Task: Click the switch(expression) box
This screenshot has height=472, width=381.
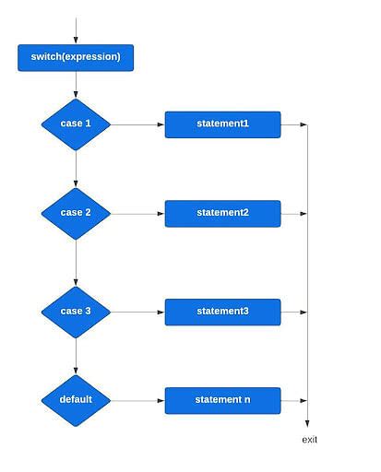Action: [x=76, y=58]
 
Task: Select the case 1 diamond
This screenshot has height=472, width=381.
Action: [x=76, y=124]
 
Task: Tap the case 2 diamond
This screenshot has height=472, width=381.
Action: [x=76, y=214]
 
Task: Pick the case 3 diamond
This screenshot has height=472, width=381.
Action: [x=76, y=313]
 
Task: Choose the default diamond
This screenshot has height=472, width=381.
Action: [x=76, y=400]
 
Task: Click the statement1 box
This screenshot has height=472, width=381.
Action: [x=222, y=124]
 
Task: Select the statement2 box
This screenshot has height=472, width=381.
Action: [x=222, y=214]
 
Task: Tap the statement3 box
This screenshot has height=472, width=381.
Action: [x=222, y=312]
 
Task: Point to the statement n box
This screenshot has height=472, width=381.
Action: [x=222, y=400]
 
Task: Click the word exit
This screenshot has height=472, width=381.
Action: [x=309, y=440]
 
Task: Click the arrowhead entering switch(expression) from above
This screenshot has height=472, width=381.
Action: [x=76, y=41]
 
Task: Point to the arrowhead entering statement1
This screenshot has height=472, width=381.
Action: [x=161, y=124]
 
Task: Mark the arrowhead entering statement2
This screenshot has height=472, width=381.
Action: [x=161, y=214]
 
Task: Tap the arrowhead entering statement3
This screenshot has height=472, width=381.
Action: [x=161, y=313]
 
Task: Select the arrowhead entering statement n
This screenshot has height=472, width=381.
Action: [x=161, y=401]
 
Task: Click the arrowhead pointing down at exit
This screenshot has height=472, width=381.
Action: [x=307, y=424]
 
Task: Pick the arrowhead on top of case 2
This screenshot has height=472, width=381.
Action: [x=76, y=183]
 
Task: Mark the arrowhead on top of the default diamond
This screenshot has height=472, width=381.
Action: [x=76, y=371]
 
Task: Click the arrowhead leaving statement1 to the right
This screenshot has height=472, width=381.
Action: [x=304, y=124]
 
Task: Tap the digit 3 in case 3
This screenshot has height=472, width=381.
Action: [x=88, y=311]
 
